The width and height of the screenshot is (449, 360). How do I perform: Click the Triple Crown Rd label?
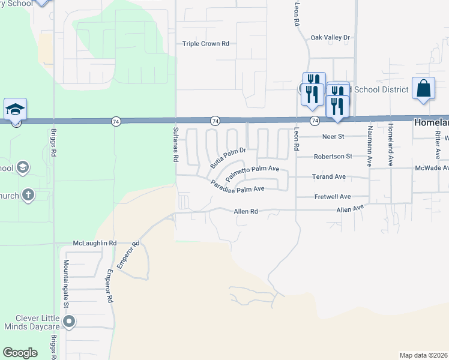pyautogui.click(x=206, y=44)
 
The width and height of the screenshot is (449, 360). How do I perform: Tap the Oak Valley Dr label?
pyautogui.click(x=330, y=38)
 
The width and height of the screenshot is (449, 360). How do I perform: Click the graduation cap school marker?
pyautogui.click(x=16, y=109)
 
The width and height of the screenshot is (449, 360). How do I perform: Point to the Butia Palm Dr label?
pyautogui.click(x=228, y=157)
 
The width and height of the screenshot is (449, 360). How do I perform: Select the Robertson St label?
pyautogui.click(x=333, y=157)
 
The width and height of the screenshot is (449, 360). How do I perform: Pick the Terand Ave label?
pyautogui.click(x=328, y=177)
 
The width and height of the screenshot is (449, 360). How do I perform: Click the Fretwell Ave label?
pyautogui.click(x=333, y=197)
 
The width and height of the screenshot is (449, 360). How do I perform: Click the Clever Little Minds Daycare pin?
pyautogui.click(x=69, y=322)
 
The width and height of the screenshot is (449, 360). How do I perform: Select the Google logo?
pyautogui.click(x=20, y=353)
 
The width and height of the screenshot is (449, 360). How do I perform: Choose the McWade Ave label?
pyautogui.click(x=431, y=169)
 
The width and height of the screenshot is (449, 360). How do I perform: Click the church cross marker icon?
pyautogui.click(x=28, y=195)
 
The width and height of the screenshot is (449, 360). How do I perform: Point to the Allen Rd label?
pyautogui.click(x=245, y=211)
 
